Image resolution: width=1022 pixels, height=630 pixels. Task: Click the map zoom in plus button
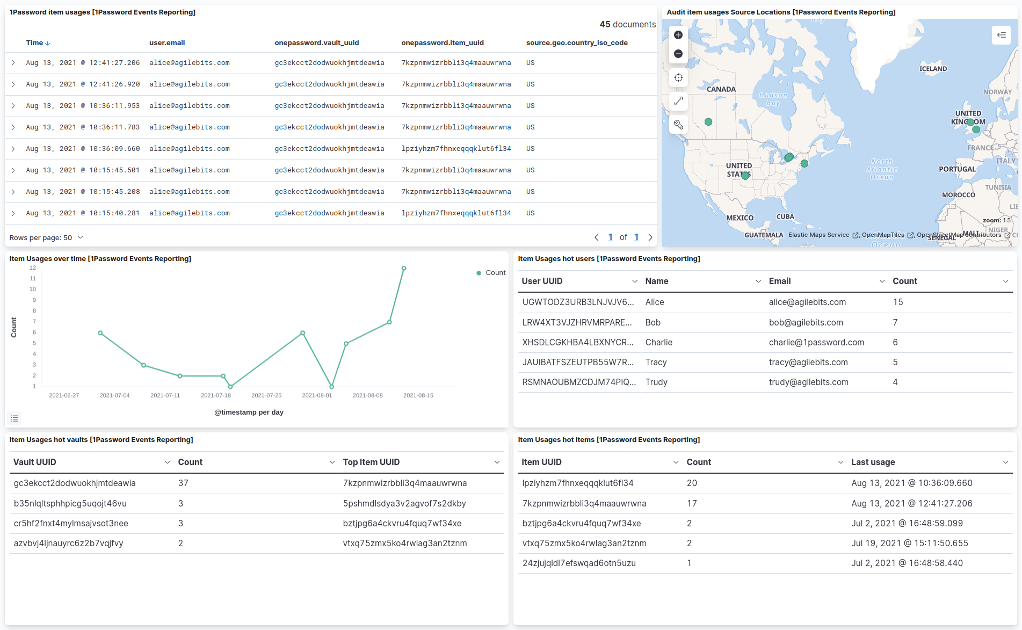coord(678,35)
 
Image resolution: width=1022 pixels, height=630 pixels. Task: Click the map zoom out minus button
coord(678,54)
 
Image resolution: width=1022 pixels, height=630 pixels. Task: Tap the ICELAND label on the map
coord(933,69)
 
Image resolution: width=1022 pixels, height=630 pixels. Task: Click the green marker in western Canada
coord(708,122)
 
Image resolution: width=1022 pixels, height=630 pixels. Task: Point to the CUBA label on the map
coord(785,217)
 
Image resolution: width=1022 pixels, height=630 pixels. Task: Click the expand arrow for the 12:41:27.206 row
coord(13,63)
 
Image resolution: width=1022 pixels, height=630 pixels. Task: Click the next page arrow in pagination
coord(650,237)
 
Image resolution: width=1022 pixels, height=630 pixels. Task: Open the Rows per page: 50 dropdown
coord(46,237)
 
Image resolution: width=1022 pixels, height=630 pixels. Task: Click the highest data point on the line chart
coord(404,269)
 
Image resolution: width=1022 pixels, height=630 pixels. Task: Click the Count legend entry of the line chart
coord(491,273)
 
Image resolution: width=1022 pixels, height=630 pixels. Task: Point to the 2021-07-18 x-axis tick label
coord(216,395)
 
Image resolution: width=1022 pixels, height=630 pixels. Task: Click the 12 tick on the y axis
coord(33,267)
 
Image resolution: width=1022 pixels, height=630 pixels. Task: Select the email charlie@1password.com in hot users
coord(816,342)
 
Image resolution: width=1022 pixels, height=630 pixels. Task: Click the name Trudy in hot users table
coord(656,382)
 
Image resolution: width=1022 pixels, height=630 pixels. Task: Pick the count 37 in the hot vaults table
coord(183,483)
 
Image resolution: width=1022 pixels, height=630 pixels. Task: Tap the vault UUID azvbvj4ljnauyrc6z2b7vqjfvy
coord(69,543)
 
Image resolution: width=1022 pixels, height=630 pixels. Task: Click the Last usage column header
coord(873,462)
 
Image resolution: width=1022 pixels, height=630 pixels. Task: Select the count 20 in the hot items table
coord(692,483)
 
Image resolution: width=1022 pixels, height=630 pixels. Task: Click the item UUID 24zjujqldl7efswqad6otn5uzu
coord(579,563)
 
